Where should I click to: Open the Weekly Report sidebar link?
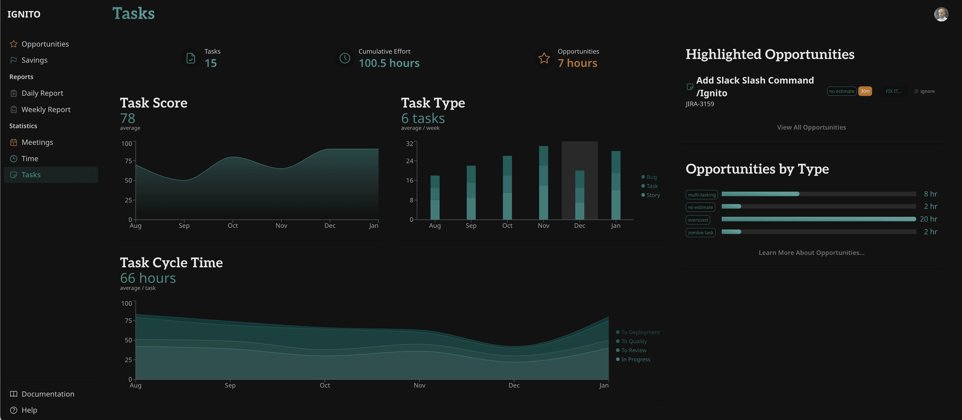click(x=46, y=109)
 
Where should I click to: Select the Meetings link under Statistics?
click(x=37, y=142)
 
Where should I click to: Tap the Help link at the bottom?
click(x=29, y=410)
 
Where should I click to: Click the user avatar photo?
click(x=941, y=14)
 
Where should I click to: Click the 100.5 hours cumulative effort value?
click(x=389, y=63)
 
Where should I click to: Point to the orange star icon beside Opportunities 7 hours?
click(x=544, y=58)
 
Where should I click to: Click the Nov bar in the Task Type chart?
click(x=543, y=183)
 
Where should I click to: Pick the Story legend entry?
click(x=653, y=195)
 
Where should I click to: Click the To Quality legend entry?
click(x=634, y=341)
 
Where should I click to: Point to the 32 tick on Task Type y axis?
click(x=409, y=144)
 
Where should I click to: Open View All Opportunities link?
click(x=811, y=127)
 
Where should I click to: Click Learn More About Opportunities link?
click(x=811, y=253)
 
